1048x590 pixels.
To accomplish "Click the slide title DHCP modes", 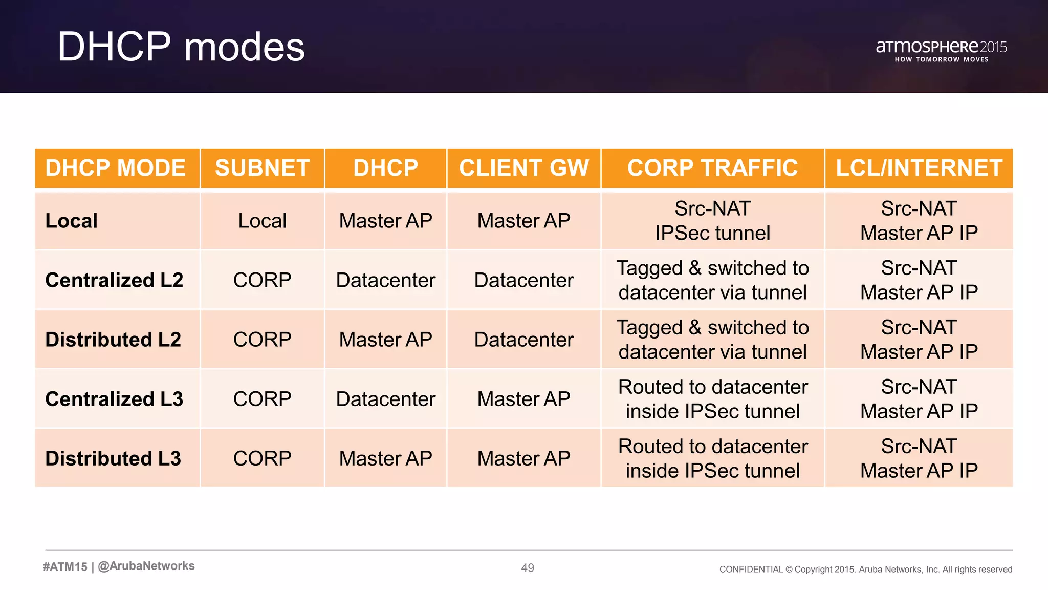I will click(x=181, y=47).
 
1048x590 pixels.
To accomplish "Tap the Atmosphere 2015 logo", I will click(x=941, y=50).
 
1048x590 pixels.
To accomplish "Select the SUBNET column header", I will click(x=262, y=168).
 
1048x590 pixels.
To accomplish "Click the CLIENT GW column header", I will click(x=523, y=168).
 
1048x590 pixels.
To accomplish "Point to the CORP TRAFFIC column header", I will click(x=712, y=168).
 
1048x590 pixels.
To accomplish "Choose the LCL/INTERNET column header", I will click(x=919, y=168).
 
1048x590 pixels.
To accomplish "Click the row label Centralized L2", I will click(x=114, y=280).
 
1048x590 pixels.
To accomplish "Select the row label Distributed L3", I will click(x=113, y=458).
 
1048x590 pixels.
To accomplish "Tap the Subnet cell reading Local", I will click(x=262, y=221).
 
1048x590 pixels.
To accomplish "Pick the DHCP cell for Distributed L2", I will click(x=385, y=340).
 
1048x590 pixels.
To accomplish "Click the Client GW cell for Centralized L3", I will click(x=523, y=399).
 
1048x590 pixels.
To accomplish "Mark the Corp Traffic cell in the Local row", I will click(x=712, y=221).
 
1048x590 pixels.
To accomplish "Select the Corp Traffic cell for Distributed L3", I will click(x=712, y=458).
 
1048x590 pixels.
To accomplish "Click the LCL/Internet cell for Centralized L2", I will click(x=919, y=280).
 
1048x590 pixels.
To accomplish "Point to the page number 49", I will click(x=528, y=567).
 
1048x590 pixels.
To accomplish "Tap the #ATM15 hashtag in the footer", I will click(x=65, y=566).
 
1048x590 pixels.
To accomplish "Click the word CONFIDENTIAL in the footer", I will click(x=751, y=570).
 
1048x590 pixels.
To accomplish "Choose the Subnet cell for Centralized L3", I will click(x=262, y=399).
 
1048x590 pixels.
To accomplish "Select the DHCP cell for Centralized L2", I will click(x=385, y=280).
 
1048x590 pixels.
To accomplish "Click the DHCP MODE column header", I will click(x=115, y=168).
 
